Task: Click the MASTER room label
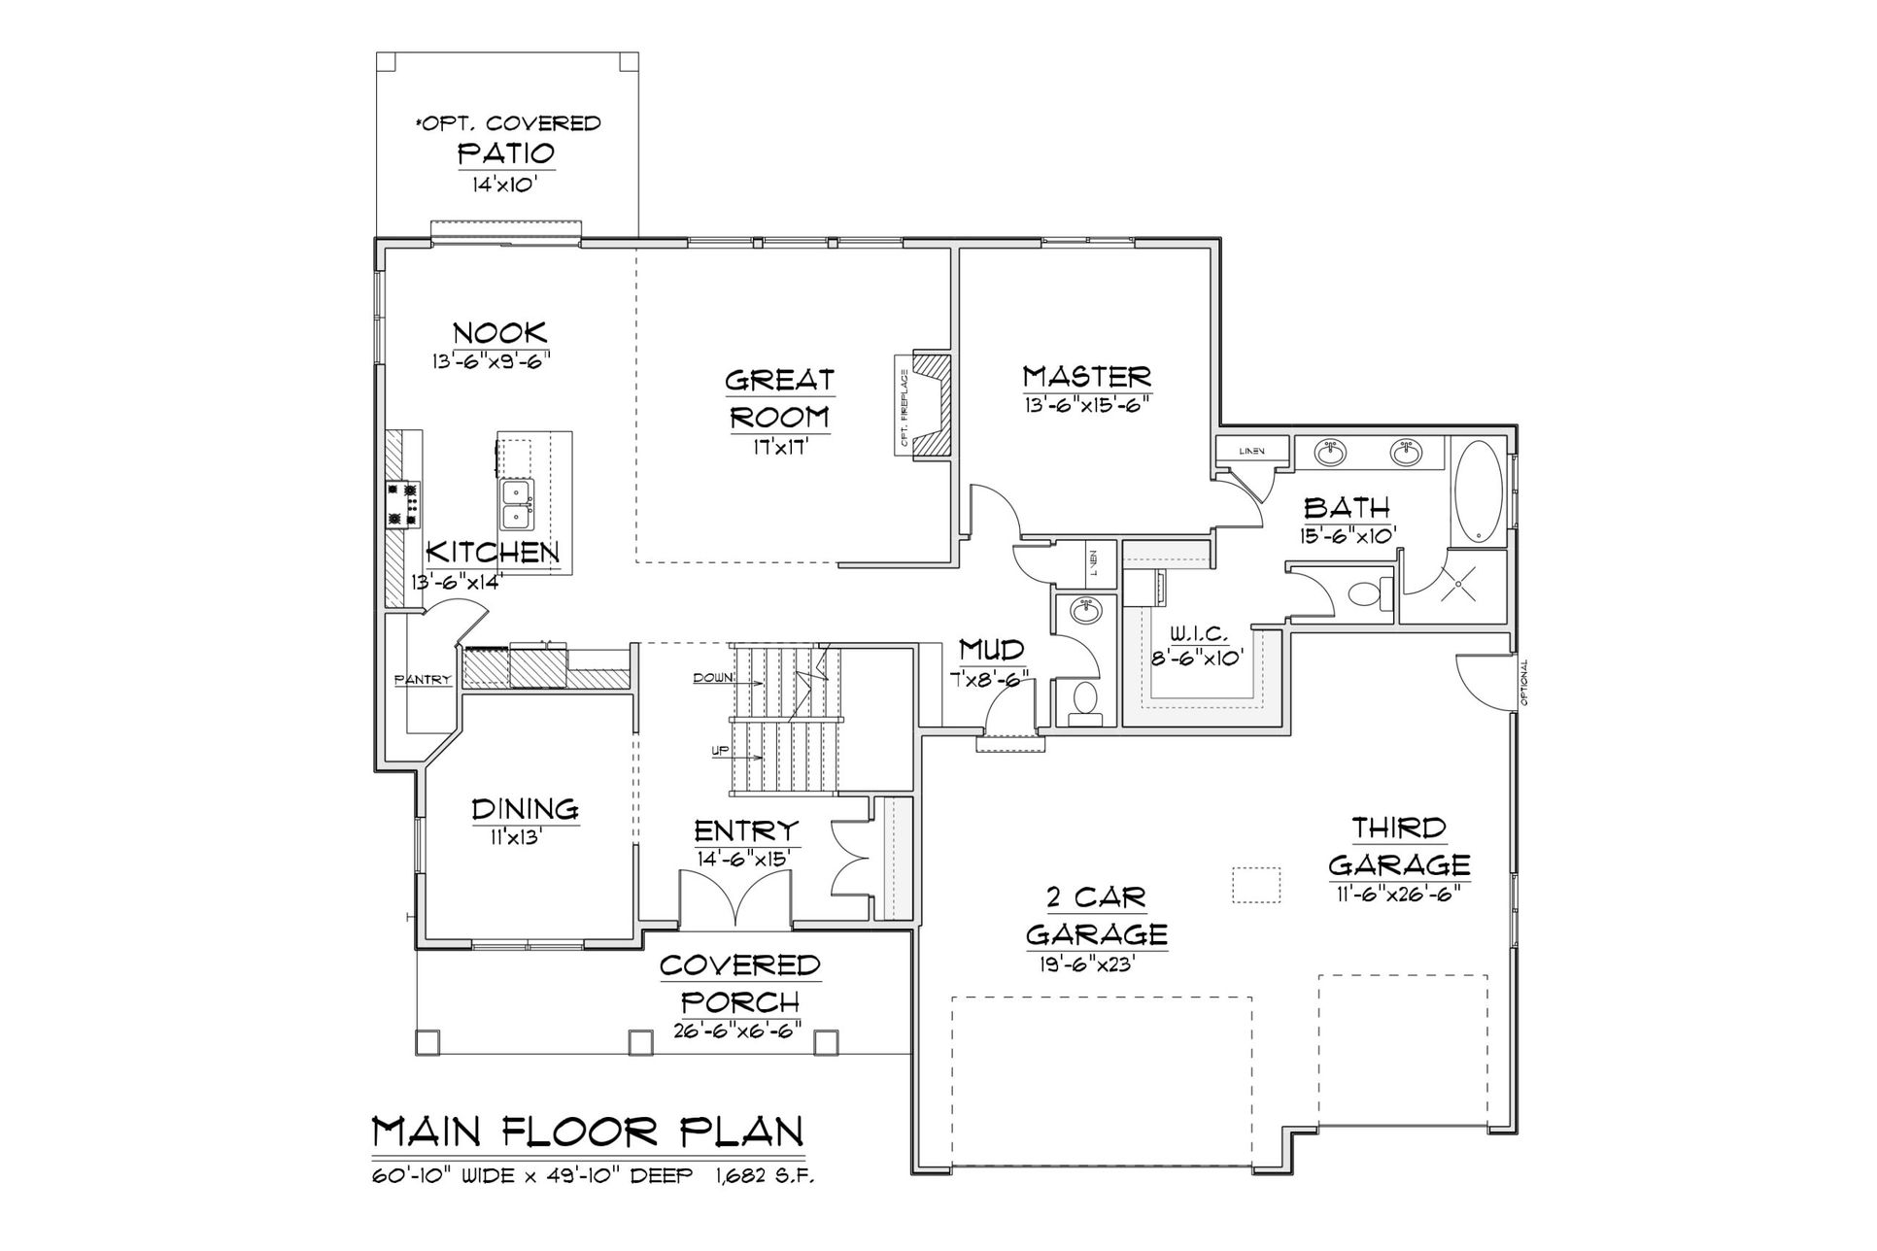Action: click(1086, 376)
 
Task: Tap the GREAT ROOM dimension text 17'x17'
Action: click(778, 448)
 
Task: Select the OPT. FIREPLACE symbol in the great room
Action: click(922, 403)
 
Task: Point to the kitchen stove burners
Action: click(404, 504)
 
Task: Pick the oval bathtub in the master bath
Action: click(1478, 491)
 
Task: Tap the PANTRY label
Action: click(423, 680)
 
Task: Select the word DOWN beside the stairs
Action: click(712, 678)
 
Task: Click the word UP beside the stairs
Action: click(721, 750)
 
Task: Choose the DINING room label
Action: click(525, 809)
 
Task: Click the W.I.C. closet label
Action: click(1199, 634)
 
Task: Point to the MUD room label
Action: click(991, 648)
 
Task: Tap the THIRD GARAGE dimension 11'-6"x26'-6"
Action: click(1399, 894)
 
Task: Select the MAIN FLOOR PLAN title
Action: click(589, 1133)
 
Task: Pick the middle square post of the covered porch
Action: click(640, 1042)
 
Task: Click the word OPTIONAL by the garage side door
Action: click(1523, 682)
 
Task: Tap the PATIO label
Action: click(505, 153)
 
